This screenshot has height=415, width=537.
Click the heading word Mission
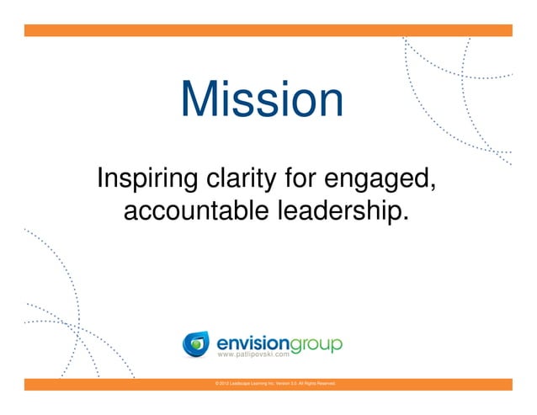click(262, 100)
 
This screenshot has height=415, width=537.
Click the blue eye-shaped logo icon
click(196, 344)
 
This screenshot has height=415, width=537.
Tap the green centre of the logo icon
click(196, 344)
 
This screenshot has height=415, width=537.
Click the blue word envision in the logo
click(252, 343)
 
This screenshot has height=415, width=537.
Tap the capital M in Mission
click(199, 100)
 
